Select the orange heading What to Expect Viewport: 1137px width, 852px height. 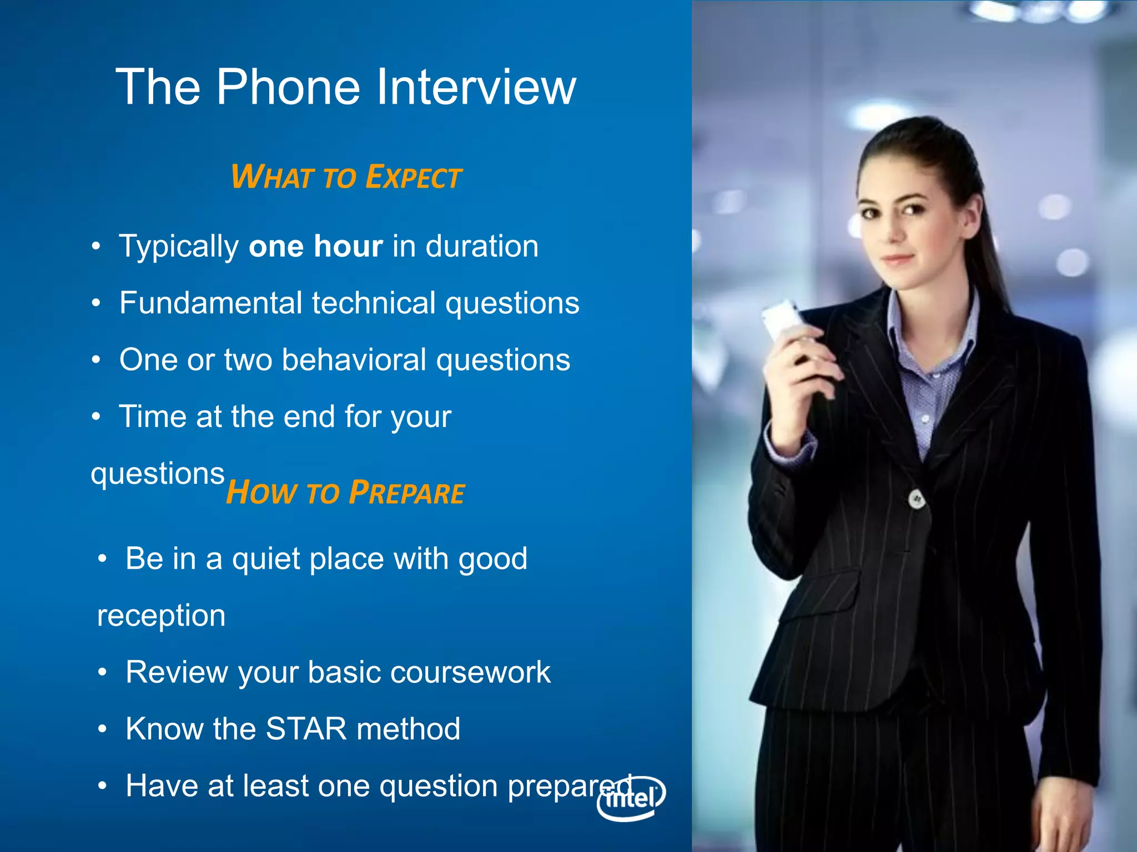(x=346, y=177)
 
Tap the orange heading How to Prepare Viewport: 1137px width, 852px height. (x=345, y=493)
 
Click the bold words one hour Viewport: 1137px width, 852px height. (x=315, y=246)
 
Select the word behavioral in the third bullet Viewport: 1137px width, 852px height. (x=354, y=359)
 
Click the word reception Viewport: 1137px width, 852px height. (x=161, y=615)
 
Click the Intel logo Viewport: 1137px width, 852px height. (x=631, y=798)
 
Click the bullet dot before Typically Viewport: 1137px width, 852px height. (x=97, y=246)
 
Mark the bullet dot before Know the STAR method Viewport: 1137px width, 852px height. (x=102, y=729)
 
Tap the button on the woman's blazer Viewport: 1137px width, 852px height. (x=917, y=499)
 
